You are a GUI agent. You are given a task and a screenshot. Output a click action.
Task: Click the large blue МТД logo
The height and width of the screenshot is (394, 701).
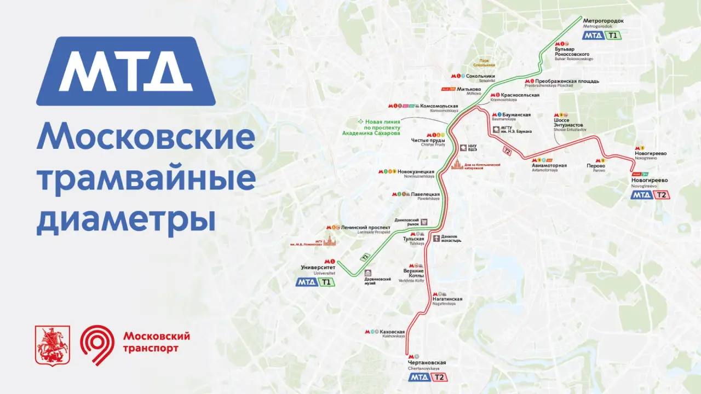125,71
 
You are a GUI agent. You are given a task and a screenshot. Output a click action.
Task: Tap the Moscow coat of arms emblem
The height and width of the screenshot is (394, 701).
53,345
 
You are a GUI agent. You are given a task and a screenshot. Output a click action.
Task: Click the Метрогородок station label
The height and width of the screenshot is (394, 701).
604,21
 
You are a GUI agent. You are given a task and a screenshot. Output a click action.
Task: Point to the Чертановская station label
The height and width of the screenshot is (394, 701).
427,363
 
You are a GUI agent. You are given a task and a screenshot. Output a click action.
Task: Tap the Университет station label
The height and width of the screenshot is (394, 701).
318,267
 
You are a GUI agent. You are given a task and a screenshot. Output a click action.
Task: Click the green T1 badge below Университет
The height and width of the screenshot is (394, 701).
326,282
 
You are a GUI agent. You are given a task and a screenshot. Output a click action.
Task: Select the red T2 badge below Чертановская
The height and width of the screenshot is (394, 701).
439,377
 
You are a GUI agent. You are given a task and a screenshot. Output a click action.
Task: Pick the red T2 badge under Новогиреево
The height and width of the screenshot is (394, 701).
662,195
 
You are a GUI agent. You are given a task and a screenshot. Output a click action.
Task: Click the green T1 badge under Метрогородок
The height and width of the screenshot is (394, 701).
612,36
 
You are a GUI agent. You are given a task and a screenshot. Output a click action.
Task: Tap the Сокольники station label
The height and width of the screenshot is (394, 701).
480,76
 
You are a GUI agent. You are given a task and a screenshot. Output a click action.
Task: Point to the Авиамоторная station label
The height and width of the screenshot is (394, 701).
549,165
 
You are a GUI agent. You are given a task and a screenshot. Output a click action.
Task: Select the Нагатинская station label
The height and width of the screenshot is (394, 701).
447,299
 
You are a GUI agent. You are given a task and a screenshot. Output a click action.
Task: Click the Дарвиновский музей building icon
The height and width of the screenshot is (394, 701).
368,273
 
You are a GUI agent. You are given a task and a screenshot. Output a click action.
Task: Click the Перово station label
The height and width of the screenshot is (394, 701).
595,165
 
